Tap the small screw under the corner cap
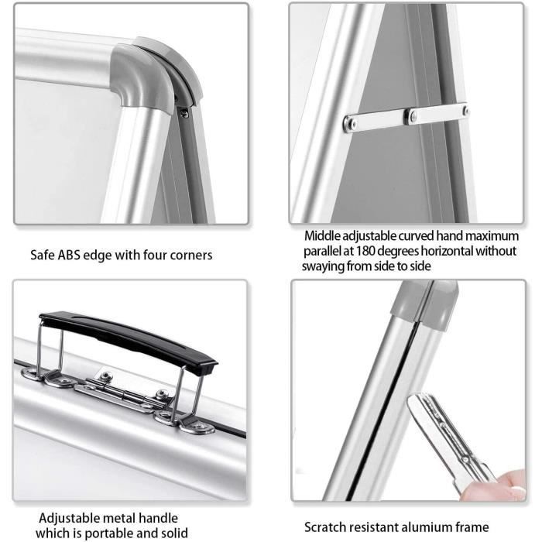point(184,113)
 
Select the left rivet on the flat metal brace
point(351,122)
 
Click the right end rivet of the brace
point(465,111)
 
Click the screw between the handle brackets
point(106,375)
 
